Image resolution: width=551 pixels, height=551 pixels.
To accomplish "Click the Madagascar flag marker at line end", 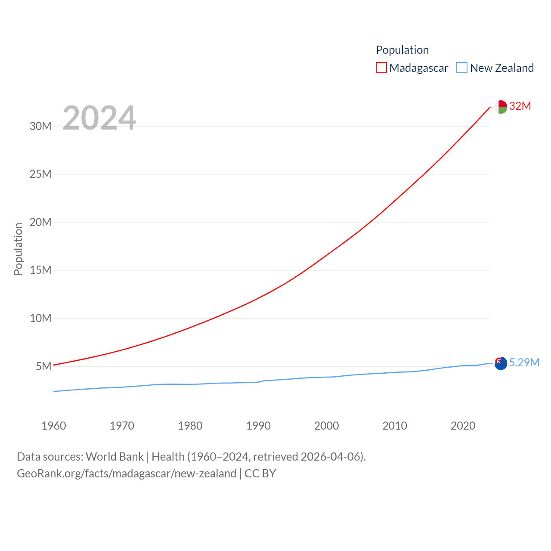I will (x=501, y=107).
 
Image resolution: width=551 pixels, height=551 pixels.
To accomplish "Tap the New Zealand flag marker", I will (x=501, y=363).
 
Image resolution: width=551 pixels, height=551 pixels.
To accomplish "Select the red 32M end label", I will (x=520, y=106).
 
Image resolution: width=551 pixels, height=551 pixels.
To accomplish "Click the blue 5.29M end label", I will (x=524, y=362).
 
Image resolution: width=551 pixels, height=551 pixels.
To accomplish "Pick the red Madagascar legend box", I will (x=381, y=68).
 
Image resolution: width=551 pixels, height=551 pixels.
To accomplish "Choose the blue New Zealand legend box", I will (x=462, y=68).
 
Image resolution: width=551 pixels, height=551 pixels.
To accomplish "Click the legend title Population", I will (x=402, y=50).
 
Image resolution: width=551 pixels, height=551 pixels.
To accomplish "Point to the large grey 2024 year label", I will (x=99, y=118).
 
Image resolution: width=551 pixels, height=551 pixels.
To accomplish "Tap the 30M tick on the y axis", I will (x=40, y=126).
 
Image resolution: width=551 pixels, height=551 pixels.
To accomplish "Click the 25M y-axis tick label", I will (x=40, y=174).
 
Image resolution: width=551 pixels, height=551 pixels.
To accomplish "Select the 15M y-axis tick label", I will (x=40, y=270).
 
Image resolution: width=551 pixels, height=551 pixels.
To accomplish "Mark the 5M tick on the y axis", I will (x=43, y=366).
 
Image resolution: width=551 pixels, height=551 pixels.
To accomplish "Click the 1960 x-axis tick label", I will (x=54, y=426).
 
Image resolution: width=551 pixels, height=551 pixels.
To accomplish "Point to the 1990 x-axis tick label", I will (x=258, y=426).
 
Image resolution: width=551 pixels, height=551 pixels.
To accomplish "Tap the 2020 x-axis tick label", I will (x=463, y=426).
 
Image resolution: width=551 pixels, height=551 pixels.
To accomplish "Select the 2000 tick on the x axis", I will (x=327, y=426).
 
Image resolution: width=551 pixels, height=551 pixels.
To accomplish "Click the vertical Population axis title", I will (x=18, y=249).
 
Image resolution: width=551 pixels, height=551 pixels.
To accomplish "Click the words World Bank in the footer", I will (x=115, y=456).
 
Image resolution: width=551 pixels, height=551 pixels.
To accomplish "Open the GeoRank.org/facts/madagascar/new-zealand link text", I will (x=127, y=474).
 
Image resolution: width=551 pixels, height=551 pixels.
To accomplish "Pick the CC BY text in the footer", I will (x=260, y=474).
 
